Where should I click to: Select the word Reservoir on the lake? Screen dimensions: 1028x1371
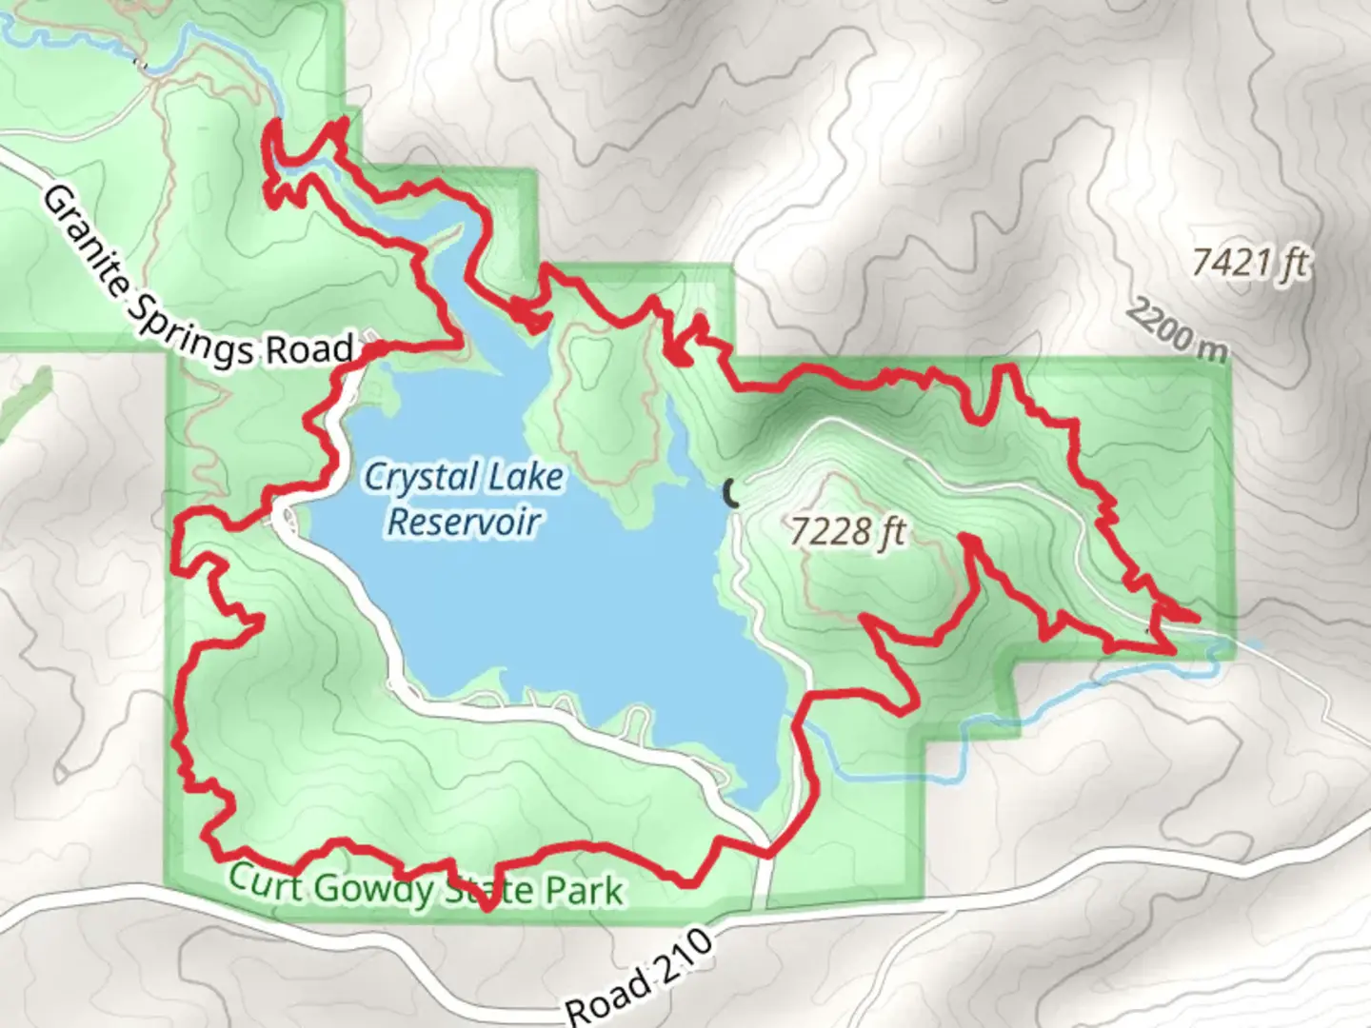click(465, 522)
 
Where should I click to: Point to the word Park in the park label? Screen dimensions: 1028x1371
click(584, 891)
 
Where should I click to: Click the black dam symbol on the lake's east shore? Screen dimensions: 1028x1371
click(730, 493)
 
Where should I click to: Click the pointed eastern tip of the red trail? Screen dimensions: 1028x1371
click(1195, 617)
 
